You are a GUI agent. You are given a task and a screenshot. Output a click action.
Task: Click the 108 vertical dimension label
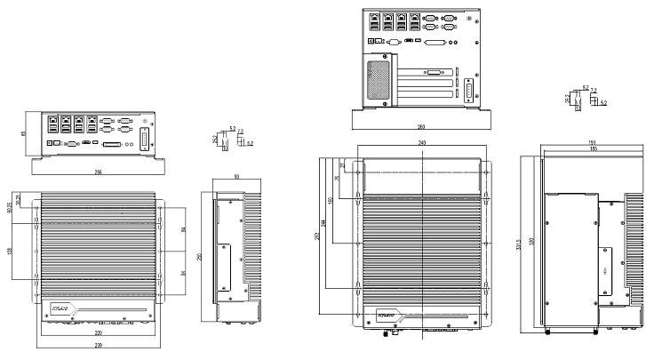coord(10,252)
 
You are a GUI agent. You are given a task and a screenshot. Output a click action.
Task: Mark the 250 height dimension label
coord(199,256)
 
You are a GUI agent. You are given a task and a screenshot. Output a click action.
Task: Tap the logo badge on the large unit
coord(387,316)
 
